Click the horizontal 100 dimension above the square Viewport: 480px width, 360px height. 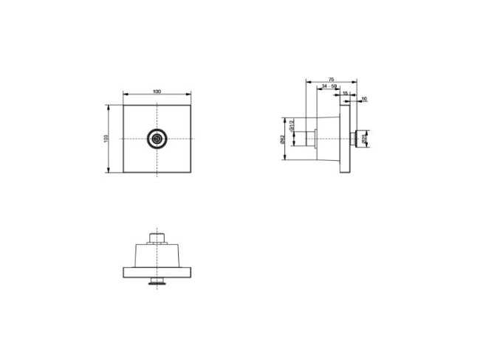coord(157,91)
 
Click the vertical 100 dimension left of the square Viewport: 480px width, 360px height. coord(106,139)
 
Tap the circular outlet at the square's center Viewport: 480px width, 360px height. coord(157,139)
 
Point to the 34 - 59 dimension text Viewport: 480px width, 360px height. coord(329,86)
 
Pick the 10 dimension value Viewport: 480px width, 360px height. coord(365,98)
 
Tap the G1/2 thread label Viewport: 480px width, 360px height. coord(292,128)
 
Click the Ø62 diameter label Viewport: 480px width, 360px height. coord(284,139)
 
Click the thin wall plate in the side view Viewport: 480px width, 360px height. coord(344,138)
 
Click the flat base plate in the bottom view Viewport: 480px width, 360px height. coord(157,271)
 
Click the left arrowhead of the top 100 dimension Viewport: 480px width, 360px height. coord(125,94)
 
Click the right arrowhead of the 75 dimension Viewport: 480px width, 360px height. coord(357,79)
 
